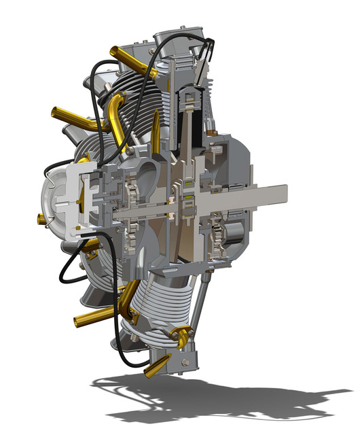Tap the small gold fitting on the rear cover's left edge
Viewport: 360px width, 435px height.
coord(39,218)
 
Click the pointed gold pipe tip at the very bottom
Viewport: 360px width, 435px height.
coord(144,372)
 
